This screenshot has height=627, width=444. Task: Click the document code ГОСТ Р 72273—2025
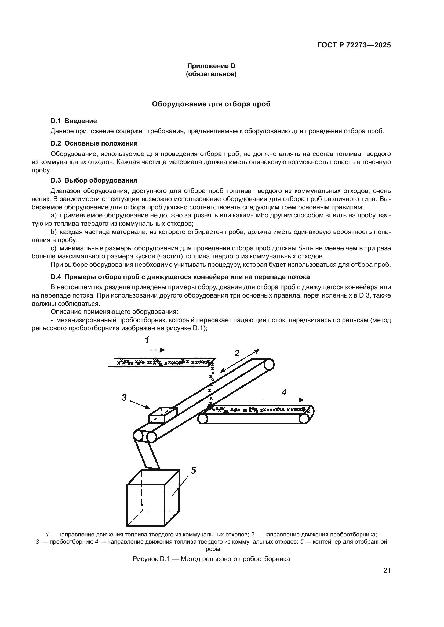354,45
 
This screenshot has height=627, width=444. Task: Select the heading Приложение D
211,66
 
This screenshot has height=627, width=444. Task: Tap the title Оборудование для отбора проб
211,104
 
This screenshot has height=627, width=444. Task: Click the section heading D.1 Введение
74,121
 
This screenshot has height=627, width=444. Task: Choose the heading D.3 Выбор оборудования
94,180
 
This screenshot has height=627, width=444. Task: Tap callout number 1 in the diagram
147,340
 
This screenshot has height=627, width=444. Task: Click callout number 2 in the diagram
237,353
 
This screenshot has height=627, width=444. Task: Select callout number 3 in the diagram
124,398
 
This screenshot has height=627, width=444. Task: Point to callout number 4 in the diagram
284,392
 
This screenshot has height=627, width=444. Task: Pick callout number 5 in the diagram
193,470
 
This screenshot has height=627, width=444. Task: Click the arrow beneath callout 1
145,350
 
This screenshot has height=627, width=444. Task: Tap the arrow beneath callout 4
283,400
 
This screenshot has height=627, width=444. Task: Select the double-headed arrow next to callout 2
240,361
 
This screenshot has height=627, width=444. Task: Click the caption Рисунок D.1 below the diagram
211,559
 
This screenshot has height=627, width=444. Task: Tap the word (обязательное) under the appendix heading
211,74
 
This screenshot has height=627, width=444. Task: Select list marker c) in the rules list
53,248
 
